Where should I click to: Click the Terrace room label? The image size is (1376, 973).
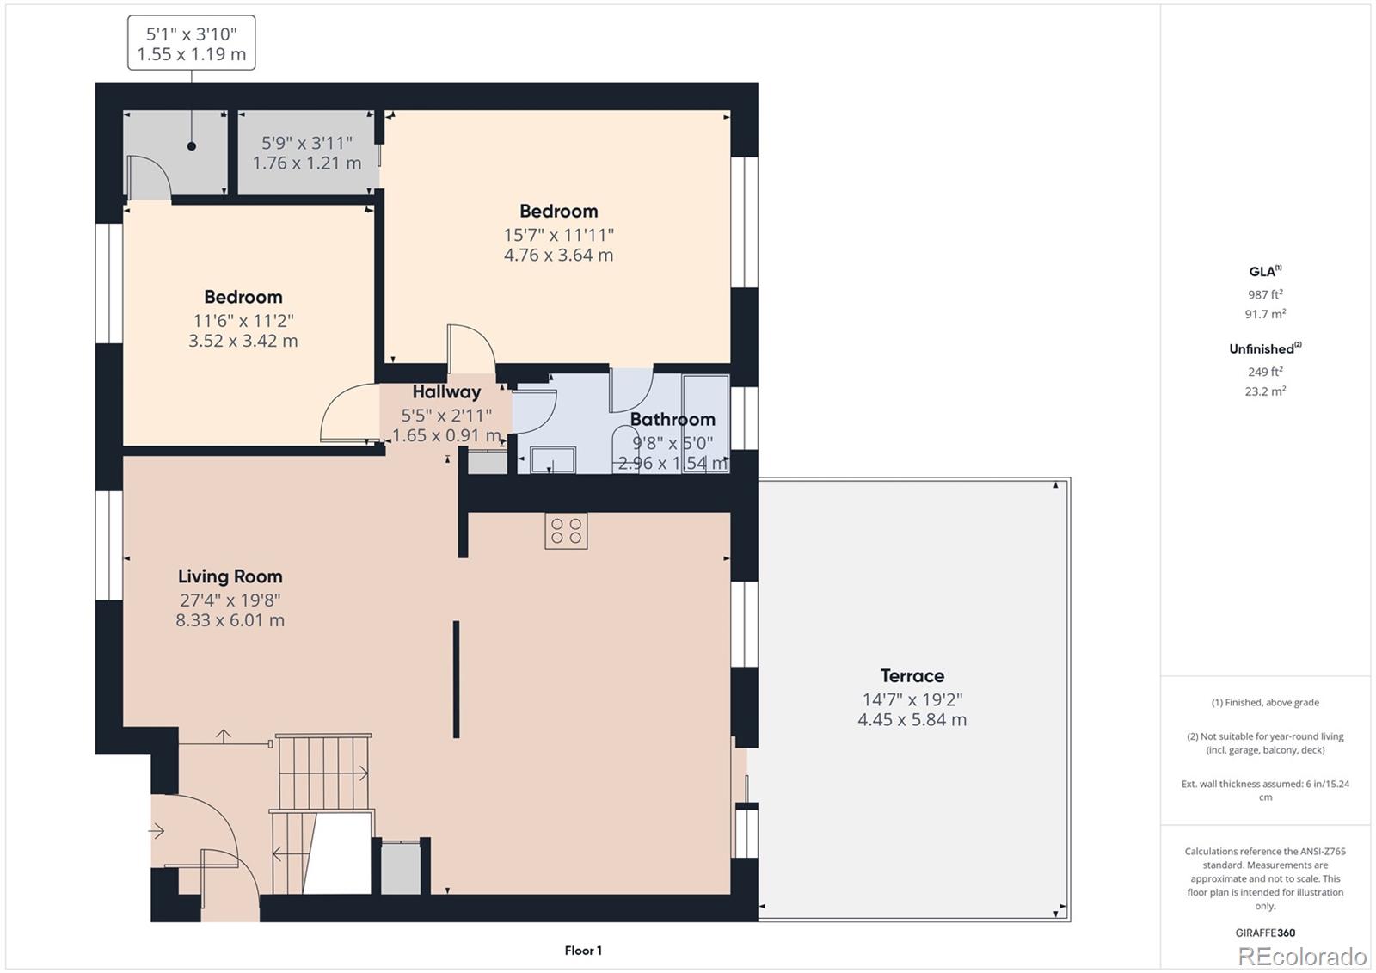(x=912, y=676)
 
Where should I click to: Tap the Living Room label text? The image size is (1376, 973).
(x=230, y=576)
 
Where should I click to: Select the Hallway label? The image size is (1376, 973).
(x=446, y=392)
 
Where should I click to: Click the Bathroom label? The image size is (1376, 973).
(x=673, y=420)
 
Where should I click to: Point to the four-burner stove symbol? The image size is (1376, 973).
(x=566, y=531)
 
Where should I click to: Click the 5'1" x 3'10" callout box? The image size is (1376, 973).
(x=192, y=44)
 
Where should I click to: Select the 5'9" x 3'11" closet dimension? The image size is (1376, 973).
(x=307, y=143)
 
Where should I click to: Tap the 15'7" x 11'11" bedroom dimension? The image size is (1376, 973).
(x=558, y=235)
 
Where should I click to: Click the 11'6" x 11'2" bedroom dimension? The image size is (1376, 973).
(x=243, y=321)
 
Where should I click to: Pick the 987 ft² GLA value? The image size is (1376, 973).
(x=1265, y=294)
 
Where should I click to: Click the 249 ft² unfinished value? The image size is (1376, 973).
(x=1265, y=372)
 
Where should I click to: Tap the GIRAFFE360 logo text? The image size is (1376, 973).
(x=1265, y=933)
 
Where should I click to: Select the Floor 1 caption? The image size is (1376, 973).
(x=583, y=951)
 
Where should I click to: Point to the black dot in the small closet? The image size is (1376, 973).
(x=192, y=146)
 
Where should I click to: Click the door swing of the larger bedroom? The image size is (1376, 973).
(x=471, y=348)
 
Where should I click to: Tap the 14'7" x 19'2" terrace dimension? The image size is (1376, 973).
(x=912, y=700)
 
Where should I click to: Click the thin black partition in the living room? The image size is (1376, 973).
(x=457, y=680)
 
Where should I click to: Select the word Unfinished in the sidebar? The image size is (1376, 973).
(x=1261, y=349)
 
